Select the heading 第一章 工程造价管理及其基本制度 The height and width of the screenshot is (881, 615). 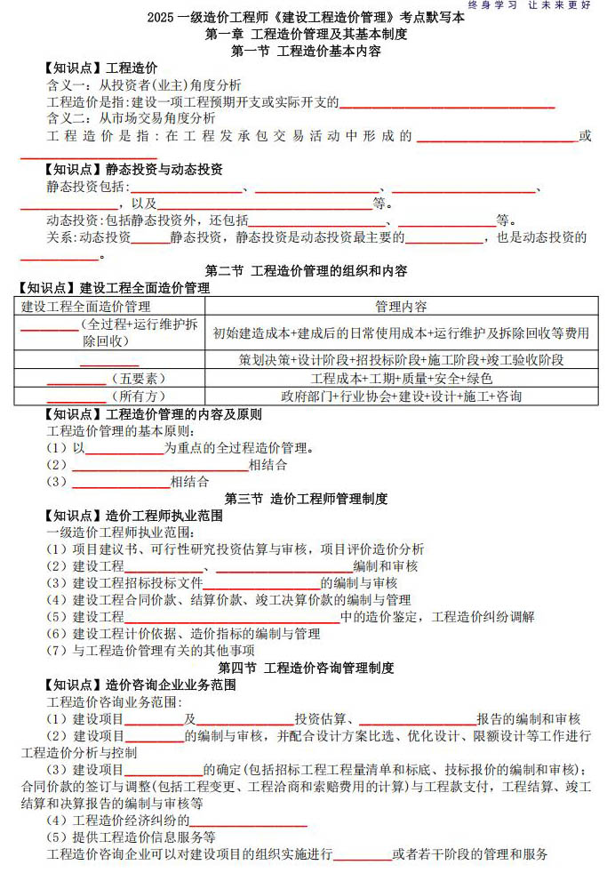tap(307, 34)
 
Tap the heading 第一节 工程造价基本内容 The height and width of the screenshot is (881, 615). tap(307, 51)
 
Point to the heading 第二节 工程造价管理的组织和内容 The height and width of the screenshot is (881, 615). tap(307, 270)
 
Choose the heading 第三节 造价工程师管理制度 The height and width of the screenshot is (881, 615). tap(307, 499)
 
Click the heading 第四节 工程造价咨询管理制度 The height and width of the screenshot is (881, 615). tap(307, 668)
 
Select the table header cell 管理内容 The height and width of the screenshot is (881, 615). tap(401, 307)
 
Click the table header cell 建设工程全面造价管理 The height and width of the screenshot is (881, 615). tap(86, 307)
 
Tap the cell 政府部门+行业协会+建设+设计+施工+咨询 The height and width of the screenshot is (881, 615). tap(401, 396)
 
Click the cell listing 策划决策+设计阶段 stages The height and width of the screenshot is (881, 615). tap(401, 360)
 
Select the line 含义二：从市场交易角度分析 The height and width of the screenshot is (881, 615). tap(131, 118)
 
